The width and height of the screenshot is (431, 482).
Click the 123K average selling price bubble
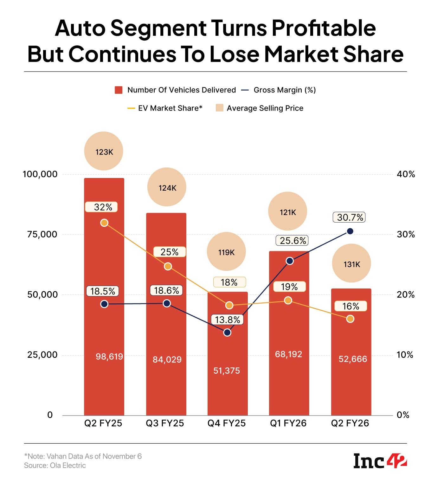[104, 151]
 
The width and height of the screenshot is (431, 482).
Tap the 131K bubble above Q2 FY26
[351, 263]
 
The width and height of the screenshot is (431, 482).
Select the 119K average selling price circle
[226, 252]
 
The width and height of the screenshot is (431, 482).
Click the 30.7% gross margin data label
[350, 217]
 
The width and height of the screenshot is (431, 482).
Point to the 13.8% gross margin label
[228, 320]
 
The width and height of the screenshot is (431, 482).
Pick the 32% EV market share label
[103, 207]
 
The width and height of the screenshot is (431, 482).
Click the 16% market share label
[351, 306]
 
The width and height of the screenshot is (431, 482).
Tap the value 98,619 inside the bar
[109, 357]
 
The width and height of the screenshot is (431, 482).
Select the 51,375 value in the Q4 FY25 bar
[227, 371]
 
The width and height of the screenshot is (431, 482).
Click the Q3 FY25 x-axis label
[165, 423]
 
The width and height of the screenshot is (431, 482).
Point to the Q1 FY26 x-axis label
[288, 423]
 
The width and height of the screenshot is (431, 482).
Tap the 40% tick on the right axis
[406, 174]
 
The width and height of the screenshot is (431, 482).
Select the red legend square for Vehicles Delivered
[119, 90]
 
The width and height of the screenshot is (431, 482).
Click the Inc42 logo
[380, 461]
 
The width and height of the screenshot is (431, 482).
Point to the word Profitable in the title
[324, 28]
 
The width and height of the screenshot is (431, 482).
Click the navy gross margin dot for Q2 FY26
[350, 231]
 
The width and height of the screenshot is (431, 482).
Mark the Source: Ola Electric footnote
[55, 466]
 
